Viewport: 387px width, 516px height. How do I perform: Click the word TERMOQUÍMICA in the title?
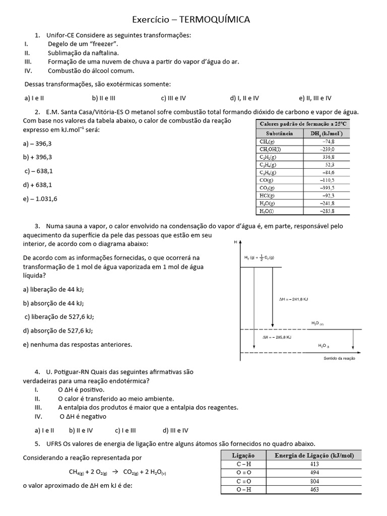pyautogui.click(x=214, y=20)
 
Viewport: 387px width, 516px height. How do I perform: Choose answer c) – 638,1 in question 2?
pyautogui.click(x=39, y=171)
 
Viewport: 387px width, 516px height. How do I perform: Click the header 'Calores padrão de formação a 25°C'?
pyautogui.click(x=303, y=123)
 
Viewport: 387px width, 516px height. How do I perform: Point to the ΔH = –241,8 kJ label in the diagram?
pyautogui.click(x=293, y=299)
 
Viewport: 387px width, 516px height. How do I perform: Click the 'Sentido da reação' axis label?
pyautogui.click(x=338, y=359)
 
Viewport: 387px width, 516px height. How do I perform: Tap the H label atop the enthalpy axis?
pyautogui.click(x=235, y=243)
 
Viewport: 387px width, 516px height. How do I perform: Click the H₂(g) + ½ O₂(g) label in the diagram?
pyautogui.click(x=259, y=258)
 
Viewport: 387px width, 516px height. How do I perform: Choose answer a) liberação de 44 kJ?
pyautogui.click(x=53, y=289)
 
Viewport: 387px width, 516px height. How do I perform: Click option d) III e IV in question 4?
pyautogui.click(x=175, y=430)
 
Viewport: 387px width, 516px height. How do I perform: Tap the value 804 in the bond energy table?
pyautogui.click(x=314, y=481)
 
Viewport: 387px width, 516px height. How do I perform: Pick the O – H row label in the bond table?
pyautogui.click(x=243, y=489)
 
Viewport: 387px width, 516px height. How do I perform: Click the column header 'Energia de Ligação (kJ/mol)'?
pyautogui.click(x=314, y=456)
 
